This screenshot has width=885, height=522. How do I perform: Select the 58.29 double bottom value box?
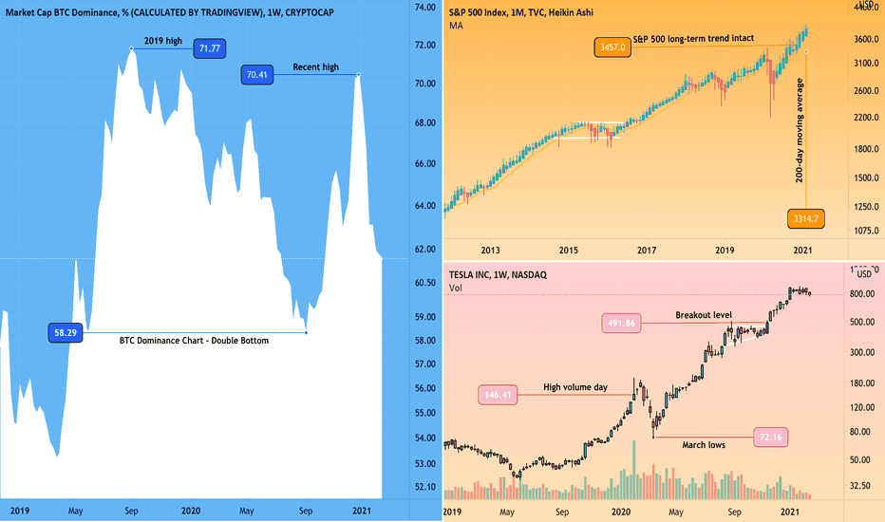pyautogui.click(x=65, y=333)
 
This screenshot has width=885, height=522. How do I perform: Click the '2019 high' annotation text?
pyautogui.click(x=161, y=40)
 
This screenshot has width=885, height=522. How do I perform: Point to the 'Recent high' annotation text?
pyautogui.click(x=316, y=67)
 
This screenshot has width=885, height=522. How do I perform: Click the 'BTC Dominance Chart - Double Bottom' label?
pyautogui.click(x=194, y=340)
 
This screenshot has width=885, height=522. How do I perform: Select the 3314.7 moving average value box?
pyautogui.click(x=806, y=219)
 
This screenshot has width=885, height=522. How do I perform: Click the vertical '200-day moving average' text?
pyautogui.click(x=800, y=132)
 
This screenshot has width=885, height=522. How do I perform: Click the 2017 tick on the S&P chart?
pyautogui.click(x=647, y=250)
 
